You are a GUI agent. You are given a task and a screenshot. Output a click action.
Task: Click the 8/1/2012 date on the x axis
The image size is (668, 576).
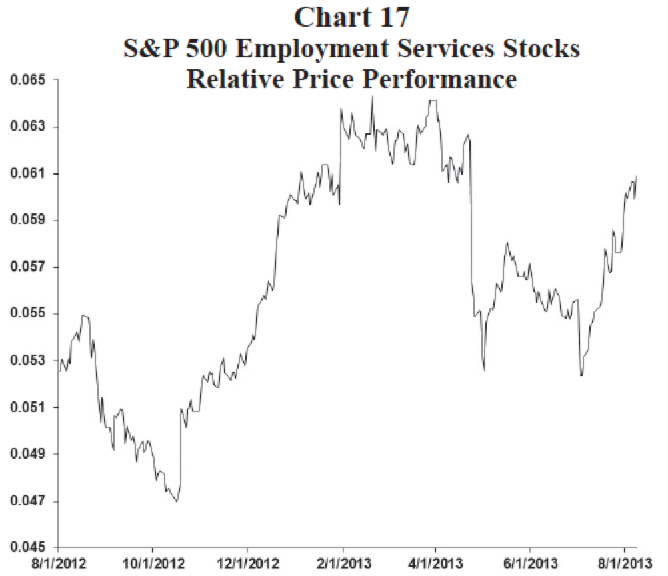coord(59,563)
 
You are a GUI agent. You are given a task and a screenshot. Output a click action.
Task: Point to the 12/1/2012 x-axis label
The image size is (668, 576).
coord(247,563)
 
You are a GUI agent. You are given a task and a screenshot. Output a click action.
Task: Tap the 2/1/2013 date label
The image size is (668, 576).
coord(342,563)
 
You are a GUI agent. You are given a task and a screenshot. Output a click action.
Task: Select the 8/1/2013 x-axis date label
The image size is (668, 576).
coord(624,563)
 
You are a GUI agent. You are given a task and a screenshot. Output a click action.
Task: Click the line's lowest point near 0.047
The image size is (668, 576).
coord(177,501)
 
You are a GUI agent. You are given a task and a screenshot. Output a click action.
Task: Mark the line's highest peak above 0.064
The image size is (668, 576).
coord(372,97)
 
